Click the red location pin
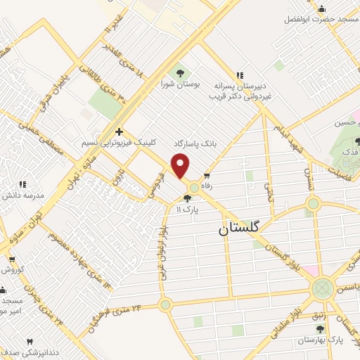[x=181, y=166]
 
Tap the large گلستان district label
[x=238, y=228]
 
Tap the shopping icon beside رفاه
[x=206, y=176]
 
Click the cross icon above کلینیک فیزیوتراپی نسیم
[x=120, y=131]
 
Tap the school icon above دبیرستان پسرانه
[x=239, y=75]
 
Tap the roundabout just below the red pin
[x=193, y=188]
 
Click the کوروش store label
[x=13, y=269]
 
